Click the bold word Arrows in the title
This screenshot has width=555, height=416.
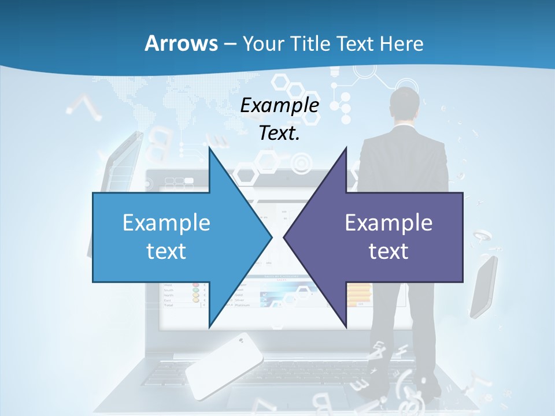point(180,43)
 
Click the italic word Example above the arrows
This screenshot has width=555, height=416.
point(279,105)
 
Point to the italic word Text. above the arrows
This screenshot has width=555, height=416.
point(279,133)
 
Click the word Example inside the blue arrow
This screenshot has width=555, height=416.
point(166,222)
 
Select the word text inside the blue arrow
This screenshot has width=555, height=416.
point(166,251)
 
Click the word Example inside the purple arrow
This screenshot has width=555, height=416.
point(388,222)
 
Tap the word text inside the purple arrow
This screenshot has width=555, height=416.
point(388,251)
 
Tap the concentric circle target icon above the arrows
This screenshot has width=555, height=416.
point(301,164)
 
